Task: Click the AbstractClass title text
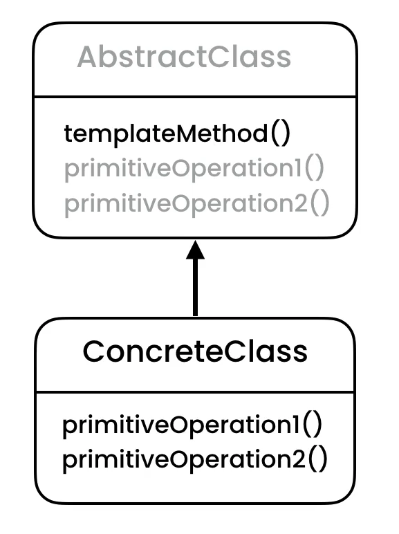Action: (x=184, y=57)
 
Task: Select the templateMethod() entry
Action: (x=178, y=133)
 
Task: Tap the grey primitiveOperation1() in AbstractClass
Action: (x=194, y=169)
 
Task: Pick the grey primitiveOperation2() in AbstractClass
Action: (x=196, y=204)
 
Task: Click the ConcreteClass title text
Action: (x=194, y=351)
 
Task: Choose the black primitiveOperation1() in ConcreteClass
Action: (x=192, y=425)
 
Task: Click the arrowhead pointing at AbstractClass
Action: (x=196, y=251)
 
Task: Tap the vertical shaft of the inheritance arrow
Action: (x=196, y=291)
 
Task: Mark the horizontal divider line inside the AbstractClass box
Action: (x=195, y=97)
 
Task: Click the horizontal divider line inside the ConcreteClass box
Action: (x=195, y=392)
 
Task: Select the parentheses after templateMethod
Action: (x=280, y=133)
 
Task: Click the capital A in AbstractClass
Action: (x=86, y=57)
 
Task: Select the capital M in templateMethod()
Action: (x=171, y=133)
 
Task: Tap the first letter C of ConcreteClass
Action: (x=94, y=351)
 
